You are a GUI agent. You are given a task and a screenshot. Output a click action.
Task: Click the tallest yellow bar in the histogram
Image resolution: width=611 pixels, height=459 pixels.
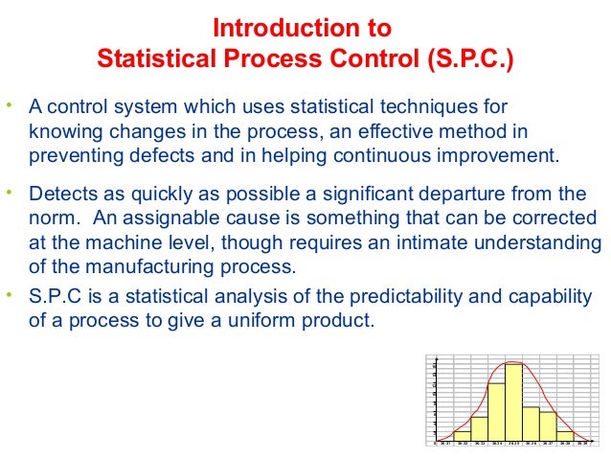click(x=513, y=402)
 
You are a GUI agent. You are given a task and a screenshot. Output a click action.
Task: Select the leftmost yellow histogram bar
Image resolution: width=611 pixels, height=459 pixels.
click(x=462, y=436)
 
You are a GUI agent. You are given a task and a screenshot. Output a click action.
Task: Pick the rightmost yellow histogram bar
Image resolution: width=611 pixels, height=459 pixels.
click(x=565, y=436)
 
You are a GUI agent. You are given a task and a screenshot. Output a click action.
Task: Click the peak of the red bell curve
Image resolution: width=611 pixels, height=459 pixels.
click(x=511, y=362)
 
